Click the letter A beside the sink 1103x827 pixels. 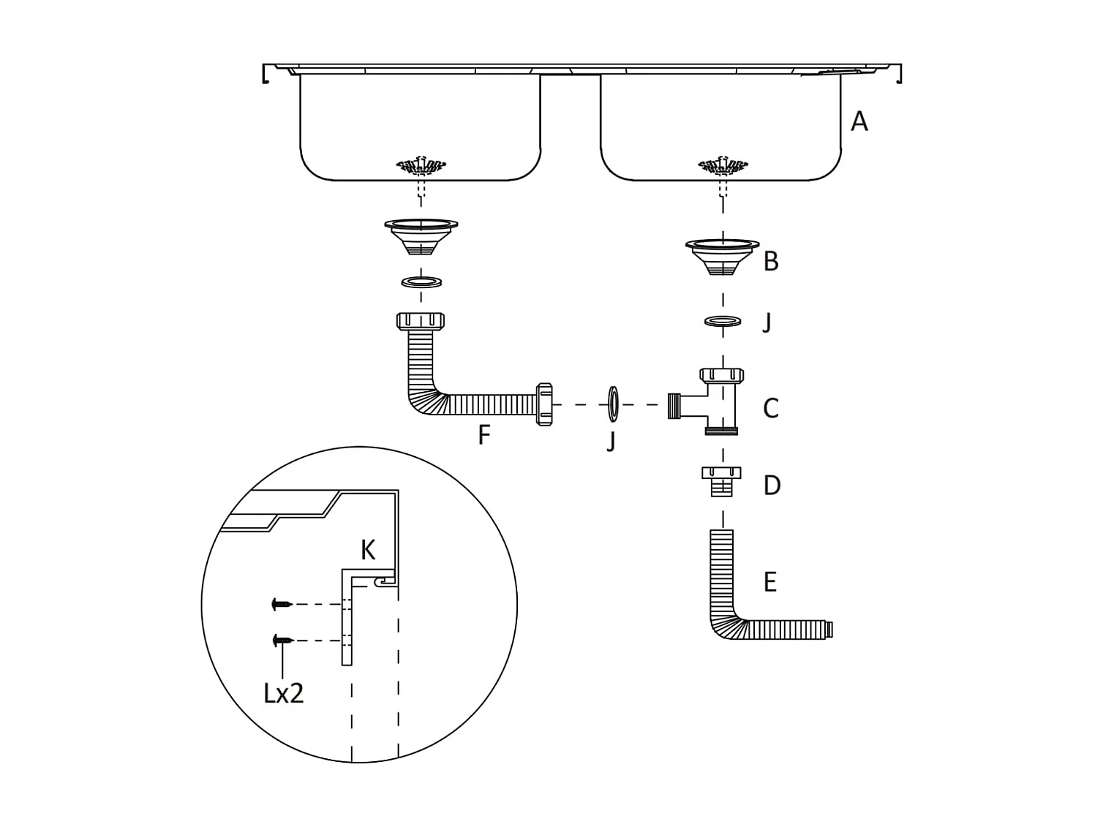[x=859, y=121]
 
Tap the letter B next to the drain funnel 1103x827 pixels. [x=771, y=262]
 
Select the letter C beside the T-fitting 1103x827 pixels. [x=771, y=408]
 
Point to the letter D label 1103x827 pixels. [x=772, y=486]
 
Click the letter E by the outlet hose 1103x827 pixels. [x=770, y=583]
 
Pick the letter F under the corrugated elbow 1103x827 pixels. [x=484, y=435]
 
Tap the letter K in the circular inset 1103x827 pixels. [x=368, y=551]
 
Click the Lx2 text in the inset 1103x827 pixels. [x=283, y=694]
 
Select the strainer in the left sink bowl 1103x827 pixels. [x=421, y=167]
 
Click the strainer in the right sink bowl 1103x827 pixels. [x=723, y=167]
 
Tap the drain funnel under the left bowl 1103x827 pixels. [x=421, y=236]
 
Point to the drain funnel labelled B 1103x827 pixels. [x=723, y=257]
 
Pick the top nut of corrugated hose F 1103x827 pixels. [x=421, y=321]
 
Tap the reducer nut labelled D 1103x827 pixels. [x=722, y=481]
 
